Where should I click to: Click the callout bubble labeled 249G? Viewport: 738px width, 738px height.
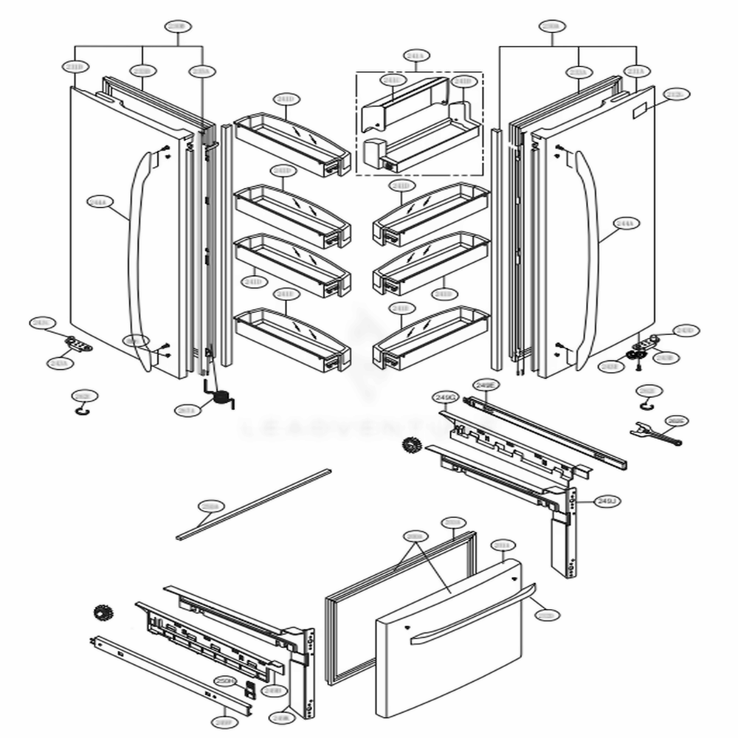click(446, 397)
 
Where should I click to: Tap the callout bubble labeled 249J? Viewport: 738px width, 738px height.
click(606, 502)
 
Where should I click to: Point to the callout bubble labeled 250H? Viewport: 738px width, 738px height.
click(224, 680)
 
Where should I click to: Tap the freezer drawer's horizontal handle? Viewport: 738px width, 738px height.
click(472, 613)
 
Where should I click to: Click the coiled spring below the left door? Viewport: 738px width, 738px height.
click(218, 397)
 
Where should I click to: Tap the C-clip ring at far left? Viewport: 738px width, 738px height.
click(83, 410)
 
